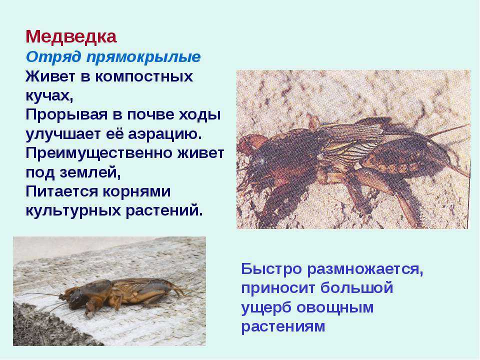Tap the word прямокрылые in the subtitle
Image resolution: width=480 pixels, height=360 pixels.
click(143, 57)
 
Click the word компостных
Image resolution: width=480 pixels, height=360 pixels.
click(144, 76)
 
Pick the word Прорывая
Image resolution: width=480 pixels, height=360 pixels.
click(66, 115)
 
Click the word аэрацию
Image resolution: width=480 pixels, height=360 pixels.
click(164, 134)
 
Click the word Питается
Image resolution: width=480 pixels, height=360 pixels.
click(61, 192)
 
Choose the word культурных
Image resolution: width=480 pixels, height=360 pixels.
click(73, 211)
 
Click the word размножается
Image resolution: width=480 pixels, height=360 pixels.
click(365, 269)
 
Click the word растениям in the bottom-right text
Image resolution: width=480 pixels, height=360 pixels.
click(283, 326)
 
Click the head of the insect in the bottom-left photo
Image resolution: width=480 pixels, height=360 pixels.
click(77, 298)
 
